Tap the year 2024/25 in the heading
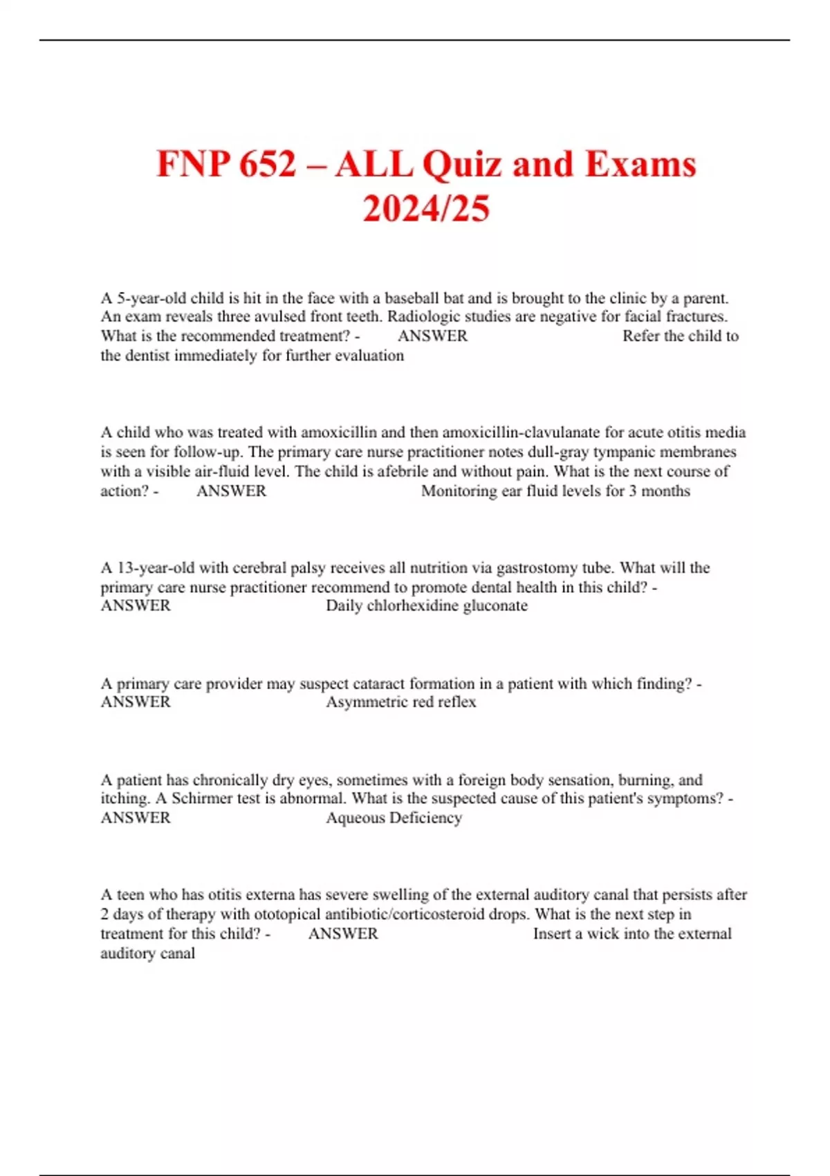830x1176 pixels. [x=426, y=208]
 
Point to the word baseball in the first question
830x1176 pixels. [x=414, y=298]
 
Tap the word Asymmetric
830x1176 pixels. [x=369, y=702]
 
